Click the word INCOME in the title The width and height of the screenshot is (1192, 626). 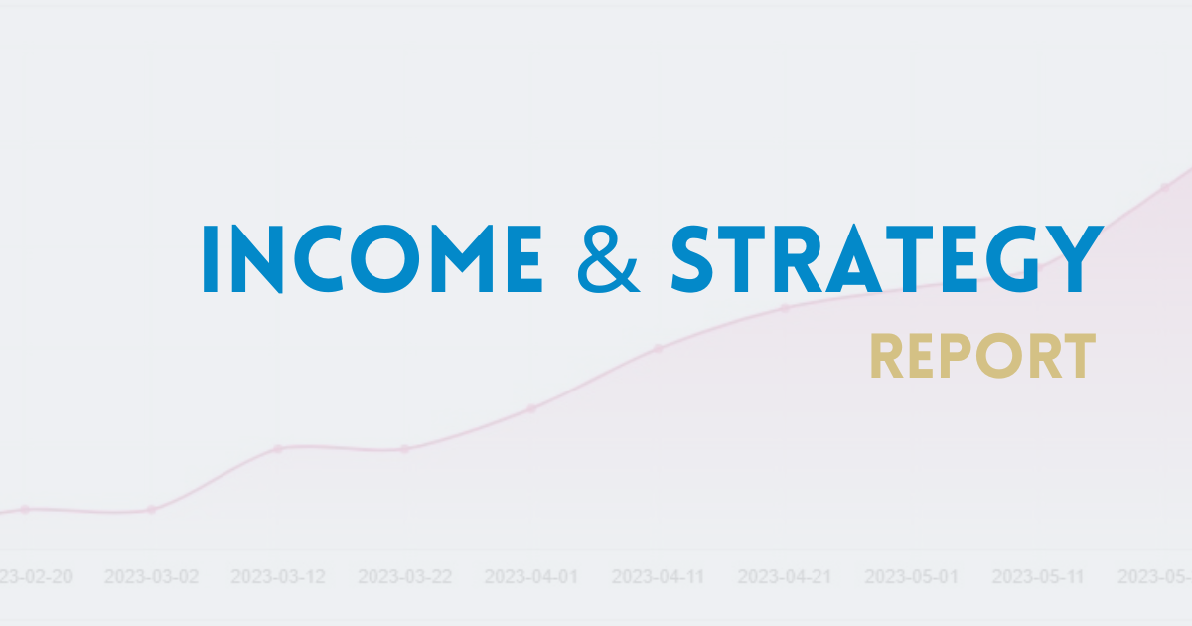(x=372, y=258)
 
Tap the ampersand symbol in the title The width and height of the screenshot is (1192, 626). (x=606, y=258)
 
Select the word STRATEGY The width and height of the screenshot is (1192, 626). (x=886, y=260)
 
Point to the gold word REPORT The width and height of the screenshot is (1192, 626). (x=982, y=357)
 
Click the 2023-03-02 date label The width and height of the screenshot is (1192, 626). (x=151, y=576)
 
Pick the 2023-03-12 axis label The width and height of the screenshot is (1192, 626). (x=278, y=576)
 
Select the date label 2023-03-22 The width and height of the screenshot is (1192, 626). (x=405, y=576)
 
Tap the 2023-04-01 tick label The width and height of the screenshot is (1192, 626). (x=531, y=576)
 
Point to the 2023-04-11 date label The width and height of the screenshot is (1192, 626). (x=659, y=576)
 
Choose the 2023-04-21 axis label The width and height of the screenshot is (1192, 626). (x=785, y=576)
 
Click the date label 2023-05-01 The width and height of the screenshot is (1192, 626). (x=912, y=576)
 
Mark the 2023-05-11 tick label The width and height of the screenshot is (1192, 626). (x=1039, y=576)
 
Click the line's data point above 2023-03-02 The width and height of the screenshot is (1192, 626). (x=151, y=510)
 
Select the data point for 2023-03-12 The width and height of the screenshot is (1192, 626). (x=278, y=448)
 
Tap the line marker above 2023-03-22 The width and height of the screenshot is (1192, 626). (x=405, y=449)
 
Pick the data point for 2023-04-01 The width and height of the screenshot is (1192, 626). (x=531, y=408)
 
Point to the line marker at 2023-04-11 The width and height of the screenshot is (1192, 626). (x=659, y=348)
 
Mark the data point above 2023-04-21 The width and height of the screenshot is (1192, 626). (x=785, y=308)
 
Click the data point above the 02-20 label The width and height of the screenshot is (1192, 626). (x=25, y=509)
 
